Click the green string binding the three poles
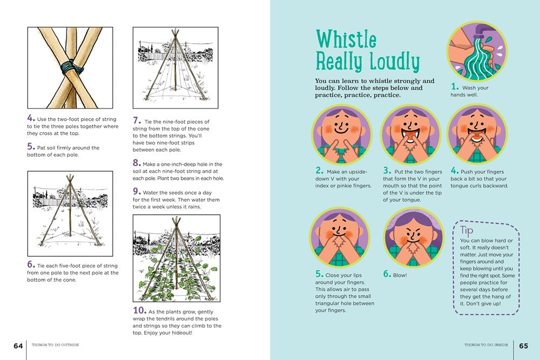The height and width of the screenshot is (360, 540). pyautogui.click(x=72, y=67)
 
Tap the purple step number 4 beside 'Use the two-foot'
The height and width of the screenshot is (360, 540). pyautogui.click(x=31, y=118)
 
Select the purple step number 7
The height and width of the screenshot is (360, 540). pyautogui.click(x=137, y=120)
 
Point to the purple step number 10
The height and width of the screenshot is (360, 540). pyautogui.click(x=139, y=310)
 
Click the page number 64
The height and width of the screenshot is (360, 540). pyautogui.click(x=18, y=345)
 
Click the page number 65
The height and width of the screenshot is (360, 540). pyautogui.click(x=523, y=345)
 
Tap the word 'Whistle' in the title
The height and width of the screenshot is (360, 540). pyautogui.click(x=346, y=39)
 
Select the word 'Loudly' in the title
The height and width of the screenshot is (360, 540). pyautogui.click(x=394, y=62)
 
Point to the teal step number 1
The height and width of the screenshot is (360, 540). pyautogui.click(x=455, y=86)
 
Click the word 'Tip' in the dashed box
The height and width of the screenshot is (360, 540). pyautogui.click(x=467, y=230)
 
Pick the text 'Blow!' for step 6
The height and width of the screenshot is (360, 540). pyautogui.click(x=400, y=275)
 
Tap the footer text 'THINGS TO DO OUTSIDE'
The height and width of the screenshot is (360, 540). pyautogui.click(x=55, y=344)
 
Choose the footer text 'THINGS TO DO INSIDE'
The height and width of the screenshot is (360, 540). pyautogui.click(x=486, y=344)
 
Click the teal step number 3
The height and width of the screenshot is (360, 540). pyautogui.click(x=387, y=171)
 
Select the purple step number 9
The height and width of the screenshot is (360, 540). pyautogui.click(x=137, y=192)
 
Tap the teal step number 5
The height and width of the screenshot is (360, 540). pyautogui.click(x=319, y=274)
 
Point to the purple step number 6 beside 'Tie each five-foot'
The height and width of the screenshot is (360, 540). pyautogui.click(x=31, y=264)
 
